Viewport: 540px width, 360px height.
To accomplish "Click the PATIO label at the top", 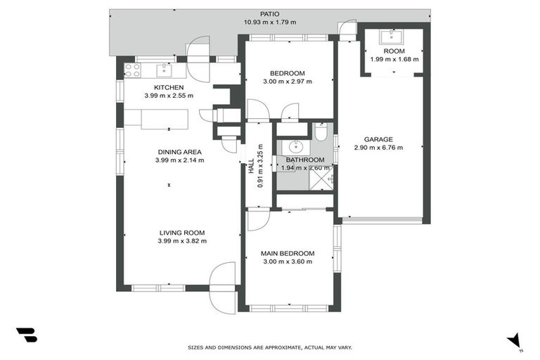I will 270,13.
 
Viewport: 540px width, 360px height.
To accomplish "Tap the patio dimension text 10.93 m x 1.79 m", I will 270,22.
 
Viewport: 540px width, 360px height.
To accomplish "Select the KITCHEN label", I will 169,87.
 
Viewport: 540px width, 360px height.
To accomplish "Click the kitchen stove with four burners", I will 132,70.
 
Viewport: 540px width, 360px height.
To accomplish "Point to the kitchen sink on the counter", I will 163,69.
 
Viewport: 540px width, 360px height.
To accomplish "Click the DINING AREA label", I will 179,152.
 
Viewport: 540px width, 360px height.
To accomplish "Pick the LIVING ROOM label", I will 181,233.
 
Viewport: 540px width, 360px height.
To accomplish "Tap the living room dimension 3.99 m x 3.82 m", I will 181,241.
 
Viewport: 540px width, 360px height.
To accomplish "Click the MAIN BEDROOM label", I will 287,253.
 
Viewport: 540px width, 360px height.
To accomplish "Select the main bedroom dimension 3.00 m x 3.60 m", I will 287,262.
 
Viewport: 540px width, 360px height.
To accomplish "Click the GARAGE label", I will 378,139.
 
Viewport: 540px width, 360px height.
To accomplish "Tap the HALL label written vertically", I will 251,167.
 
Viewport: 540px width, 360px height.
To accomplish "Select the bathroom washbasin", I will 295,147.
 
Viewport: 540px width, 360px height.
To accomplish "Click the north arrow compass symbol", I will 515,340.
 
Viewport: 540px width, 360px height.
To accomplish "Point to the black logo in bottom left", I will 26,335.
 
